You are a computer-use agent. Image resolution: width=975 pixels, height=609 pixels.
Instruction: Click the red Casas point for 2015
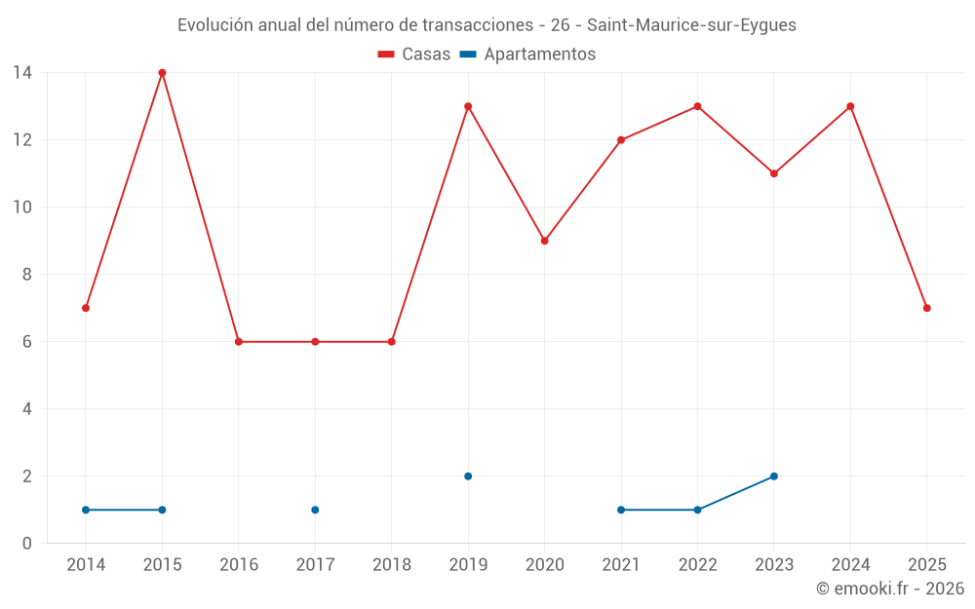click(162, 73)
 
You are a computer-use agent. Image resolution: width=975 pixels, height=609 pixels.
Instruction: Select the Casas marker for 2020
click(544, 241)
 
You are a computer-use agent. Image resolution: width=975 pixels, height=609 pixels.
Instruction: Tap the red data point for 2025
click(926, 308)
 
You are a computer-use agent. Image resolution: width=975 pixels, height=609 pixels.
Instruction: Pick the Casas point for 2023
click(774, 173)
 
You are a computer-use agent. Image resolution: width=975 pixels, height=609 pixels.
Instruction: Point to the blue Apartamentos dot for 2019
click(468, 476)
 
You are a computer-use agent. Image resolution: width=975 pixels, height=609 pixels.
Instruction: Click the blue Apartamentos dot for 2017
click(315, 510)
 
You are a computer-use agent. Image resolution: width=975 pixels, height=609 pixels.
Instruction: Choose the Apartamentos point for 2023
click(774, 476)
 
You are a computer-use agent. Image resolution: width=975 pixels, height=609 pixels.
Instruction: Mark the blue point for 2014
click(86, 510)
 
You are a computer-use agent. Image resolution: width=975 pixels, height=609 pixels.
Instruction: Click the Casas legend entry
click(414, 55)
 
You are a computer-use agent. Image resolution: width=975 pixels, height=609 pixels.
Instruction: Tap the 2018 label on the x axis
click(392, 565)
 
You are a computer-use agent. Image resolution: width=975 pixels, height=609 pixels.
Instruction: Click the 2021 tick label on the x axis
click(621, 565)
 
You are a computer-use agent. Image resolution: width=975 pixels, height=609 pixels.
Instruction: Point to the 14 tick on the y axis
click(22, 73)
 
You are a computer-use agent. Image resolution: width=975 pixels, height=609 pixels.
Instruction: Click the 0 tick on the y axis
click(27, 544)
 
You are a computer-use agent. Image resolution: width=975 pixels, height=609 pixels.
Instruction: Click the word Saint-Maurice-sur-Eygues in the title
click(691, 25)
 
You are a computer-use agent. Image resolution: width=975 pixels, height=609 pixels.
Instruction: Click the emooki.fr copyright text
click(890, 589)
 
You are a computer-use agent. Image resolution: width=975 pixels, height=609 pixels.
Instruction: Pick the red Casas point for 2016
click(239, 342)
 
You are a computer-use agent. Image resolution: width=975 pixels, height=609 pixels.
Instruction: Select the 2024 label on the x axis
click(850, 565)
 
